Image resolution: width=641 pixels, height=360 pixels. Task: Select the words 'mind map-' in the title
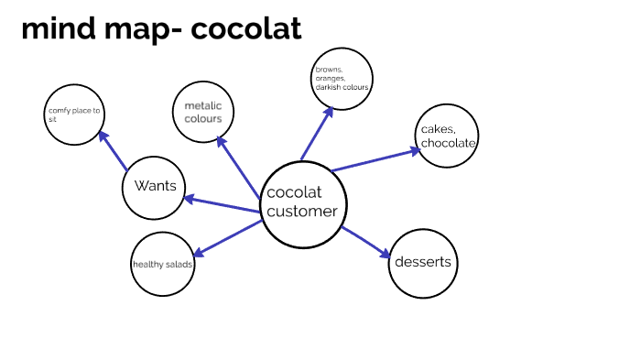click(x=100, y=28)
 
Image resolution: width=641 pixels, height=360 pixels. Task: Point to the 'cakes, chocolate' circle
click(x=448, y=136)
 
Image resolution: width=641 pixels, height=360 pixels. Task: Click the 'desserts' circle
click(x=422, y=263)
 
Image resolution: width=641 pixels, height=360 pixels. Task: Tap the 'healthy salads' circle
click(x=163, y=265)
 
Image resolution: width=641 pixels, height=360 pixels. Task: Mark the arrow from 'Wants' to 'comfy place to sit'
click(x=114, y=151)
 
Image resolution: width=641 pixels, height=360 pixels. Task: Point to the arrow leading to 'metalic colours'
click(x=238, y=169)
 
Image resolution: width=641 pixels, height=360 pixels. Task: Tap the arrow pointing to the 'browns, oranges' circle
click(x=317, y=134)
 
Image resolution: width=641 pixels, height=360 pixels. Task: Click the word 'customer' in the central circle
click(x=302, y=212)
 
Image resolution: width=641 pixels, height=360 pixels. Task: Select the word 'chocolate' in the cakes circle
click(x=449, y=143)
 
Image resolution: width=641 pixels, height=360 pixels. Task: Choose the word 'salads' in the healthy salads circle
click(x=179, y=265)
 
